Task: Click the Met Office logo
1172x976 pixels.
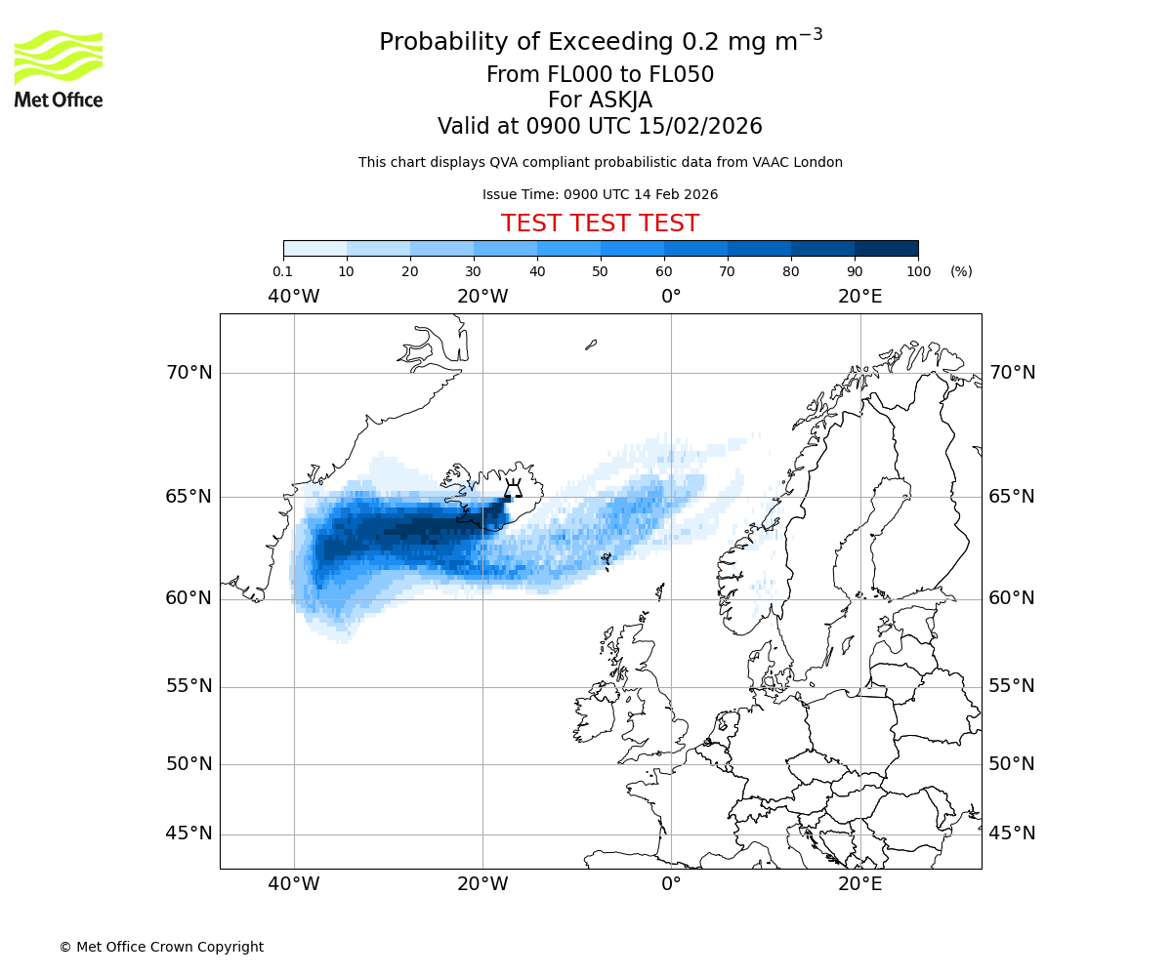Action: point(59,68)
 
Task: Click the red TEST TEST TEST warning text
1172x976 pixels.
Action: point(600,224)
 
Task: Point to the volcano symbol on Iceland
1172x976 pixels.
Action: point(512,489)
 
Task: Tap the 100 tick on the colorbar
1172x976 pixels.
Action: point(918,271)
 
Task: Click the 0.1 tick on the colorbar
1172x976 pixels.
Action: point(283,271)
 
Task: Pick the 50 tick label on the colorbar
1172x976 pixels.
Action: point(601,271)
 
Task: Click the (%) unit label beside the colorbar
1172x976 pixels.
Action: point(961,271)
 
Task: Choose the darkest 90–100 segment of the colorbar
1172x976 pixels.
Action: point(886,248)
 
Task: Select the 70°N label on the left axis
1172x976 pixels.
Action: point(188,373)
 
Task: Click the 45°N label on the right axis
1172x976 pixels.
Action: point(1012,834)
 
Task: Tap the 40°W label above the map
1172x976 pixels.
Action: point(294,297)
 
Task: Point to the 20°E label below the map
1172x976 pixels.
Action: point(859,884)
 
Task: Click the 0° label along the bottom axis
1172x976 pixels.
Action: point(671,884)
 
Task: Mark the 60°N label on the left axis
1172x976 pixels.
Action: point(188,598)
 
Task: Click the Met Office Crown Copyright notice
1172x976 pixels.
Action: point(161,947)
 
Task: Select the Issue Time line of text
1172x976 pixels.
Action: point(600,194)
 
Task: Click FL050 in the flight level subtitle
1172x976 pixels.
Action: point(681,75)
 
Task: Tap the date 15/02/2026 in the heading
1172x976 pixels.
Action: point(700,127)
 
